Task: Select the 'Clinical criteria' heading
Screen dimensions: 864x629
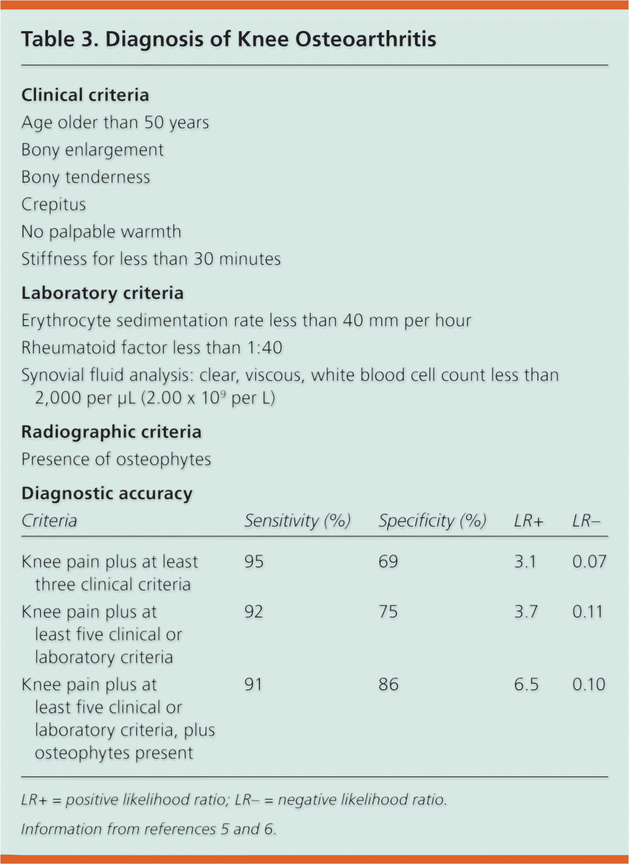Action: pyautogui.click(x=85, y=95)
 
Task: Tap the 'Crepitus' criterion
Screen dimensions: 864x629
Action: pyautogui.click(x=54, y=204)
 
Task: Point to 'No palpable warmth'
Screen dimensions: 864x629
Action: pyautogui.click(x=101, y=232)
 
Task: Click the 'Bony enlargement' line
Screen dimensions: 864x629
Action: pyautogui.click(x=92, y=150)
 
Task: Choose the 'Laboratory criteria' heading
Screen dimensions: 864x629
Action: pyautogui.click(x=102, y=293)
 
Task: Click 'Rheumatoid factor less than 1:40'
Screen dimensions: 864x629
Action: pyautogui.click(x=151, y=348)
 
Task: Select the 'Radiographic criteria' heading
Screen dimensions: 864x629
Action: pyautogui.click(x=111, y=432)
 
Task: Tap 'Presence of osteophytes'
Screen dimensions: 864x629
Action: pyautogui.click(x=116, y=459)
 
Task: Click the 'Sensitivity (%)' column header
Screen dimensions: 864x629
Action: pyautogui.click(x=297, y=520)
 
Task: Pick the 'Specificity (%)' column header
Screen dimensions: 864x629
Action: pyautogui.click(x=432, y=520)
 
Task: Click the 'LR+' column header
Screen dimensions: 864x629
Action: pyautogui.click(x=529, y=520)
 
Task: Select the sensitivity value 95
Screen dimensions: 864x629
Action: pyautogui.click(x=254, y=561)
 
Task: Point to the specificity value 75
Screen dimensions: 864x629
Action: pyautogui.click(x=388, y=612)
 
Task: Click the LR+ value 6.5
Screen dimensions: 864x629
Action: pyautogui.click(x=526, y=684)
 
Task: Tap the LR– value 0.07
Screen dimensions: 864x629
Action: pyautogui.click(x=589, y=561)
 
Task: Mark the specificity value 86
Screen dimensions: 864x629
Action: pyautogui.click(x=388, y=684)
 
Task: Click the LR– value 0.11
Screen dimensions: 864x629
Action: pyautogui.click(x=588, y=612)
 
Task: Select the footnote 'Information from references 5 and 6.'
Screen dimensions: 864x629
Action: pyautogui.click(x=149, y=829)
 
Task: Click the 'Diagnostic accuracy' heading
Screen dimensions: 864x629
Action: pyautogui.click(x=106, y=494)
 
